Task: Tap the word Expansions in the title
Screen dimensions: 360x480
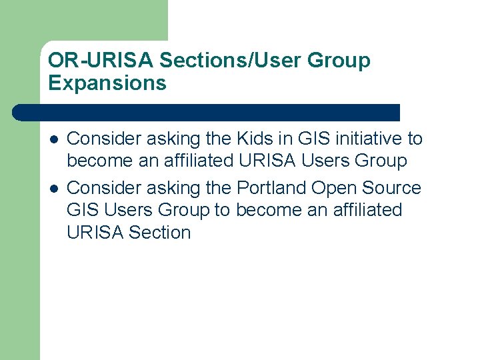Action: (107, 83)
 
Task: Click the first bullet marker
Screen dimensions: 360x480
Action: (53, 139)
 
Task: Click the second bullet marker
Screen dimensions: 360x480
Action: (53, 189)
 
